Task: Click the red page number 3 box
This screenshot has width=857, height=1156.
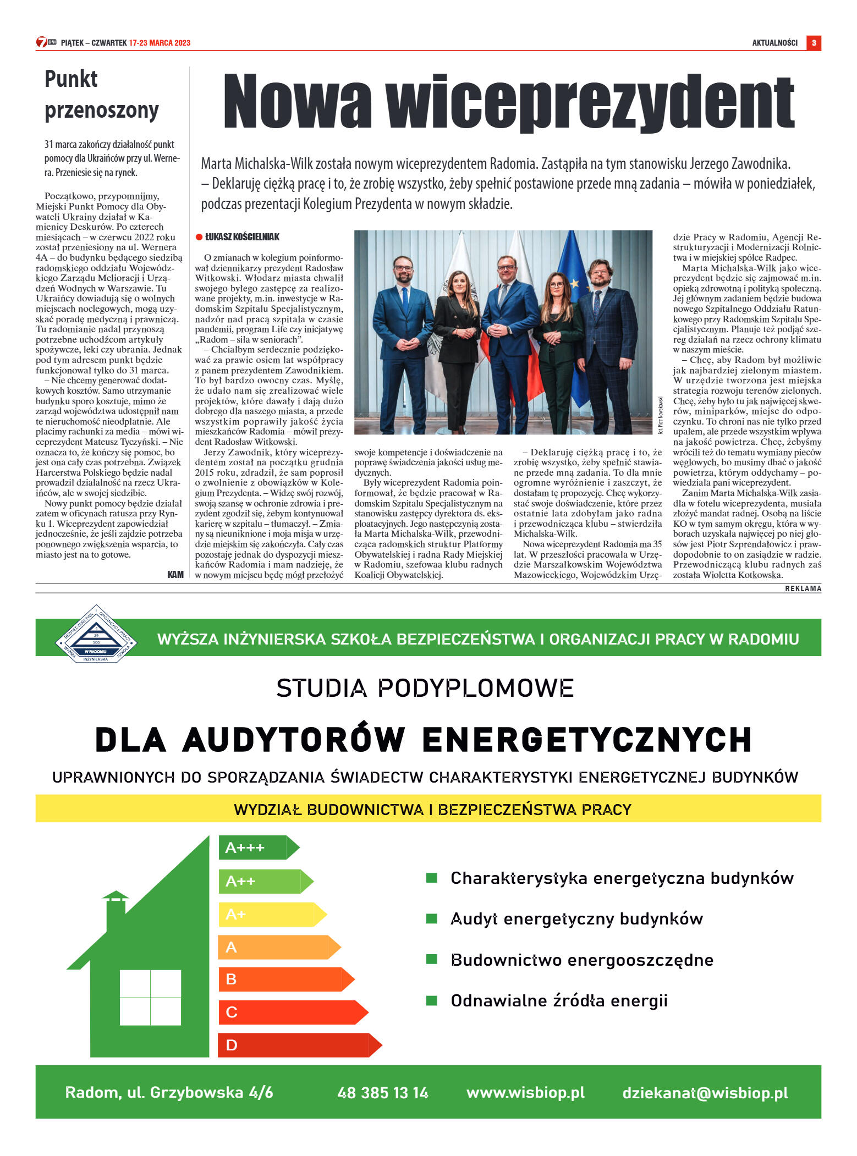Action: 814,43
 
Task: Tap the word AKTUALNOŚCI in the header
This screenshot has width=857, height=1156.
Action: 774,43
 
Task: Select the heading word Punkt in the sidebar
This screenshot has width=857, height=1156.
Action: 71,79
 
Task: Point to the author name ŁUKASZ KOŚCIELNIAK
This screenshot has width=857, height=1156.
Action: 242,237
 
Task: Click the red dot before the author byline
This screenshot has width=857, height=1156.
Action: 199,237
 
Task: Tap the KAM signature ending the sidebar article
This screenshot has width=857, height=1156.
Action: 175,575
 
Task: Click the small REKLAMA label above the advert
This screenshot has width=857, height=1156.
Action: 803,588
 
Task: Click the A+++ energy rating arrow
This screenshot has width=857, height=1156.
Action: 257,847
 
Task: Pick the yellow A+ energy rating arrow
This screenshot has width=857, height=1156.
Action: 271,914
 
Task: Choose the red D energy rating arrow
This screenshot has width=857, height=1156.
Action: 299,1045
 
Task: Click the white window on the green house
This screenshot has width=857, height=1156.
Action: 150,997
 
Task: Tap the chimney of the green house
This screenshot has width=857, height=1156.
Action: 116,910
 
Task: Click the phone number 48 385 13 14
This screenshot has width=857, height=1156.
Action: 383,1093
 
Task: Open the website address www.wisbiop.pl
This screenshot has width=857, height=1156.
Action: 525,1092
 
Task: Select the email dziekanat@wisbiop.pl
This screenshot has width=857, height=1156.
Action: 705,1093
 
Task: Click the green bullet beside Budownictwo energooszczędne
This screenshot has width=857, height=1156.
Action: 432,959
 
